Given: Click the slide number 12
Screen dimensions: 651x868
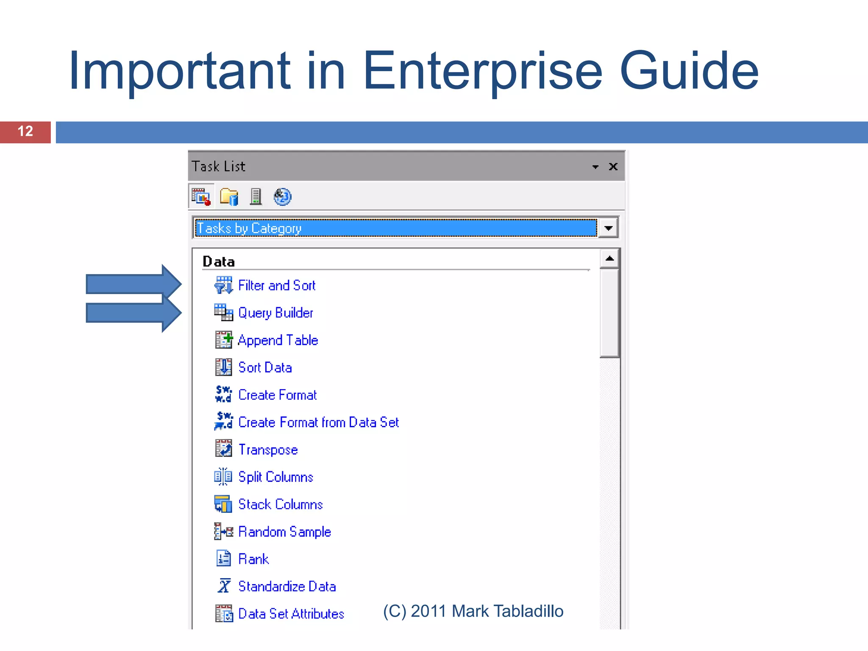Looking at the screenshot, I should (x=25, y=131).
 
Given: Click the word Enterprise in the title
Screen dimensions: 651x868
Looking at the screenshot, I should (x=482, y=71).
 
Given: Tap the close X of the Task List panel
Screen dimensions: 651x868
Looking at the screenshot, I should (x=613, y=167).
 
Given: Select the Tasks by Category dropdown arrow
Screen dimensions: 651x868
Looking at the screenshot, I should (x=608, y=228).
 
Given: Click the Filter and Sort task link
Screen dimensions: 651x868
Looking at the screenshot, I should (x=276, y=286).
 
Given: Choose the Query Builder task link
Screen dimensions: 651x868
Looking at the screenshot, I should (x=275, y=313).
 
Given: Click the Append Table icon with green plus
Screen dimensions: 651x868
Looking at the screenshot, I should (x=223, y=340).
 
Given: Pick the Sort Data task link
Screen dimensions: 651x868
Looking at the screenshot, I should (x=265, y=367).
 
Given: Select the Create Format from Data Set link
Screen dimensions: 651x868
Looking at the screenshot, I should (x=318, y=423).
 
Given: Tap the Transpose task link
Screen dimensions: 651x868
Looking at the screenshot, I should (x=268, y=450).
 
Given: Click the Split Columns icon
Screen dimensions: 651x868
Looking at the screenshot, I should (x=223, y=477).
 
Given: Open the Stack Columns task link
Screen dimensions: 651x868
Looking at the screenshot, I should (x=280, y=504).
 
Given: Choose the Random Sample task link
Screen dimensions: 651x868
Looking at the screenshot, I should (x=284, y=532).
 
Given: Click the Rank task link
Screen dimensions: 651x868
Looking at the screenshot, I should (x=253, y=559).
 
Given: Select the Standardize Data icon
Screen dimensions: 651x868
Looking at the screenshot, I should (x=224, y=587).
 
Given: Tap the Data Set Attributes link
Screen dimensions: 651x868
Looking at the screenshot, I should (x=291, y=614).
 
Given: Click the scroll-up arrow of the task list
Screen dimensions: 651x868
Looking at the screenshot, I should (x=609, y=259).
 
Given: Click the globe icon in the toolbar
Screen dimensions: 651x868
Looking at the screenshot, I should (x=282, y=197).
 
